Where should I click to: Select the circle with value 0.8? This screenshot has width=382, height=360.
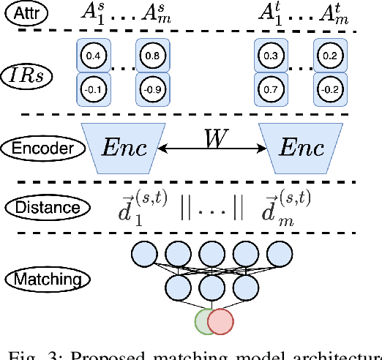[152, 55]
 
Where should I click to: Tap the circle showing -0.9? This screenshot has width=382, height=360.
[152, 89]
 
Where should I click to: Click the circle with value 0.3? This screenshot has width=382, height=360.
[270, 55]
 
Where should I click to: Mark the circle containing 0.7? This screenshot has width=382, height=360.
[270, 89]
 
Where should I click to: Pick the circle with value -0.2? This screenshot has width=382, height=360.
[330, 89]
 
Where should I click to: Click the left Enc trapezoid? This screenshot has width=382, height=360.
[122, 147]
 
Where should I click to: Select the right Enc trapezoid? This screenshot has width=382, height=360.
[300, 147]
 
